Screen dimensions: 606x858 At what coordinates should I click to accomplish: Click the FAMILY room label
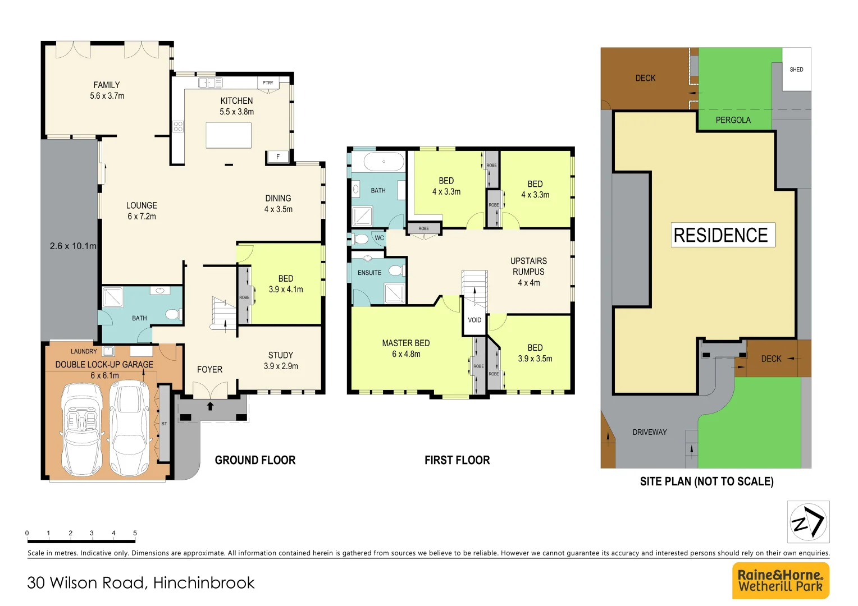[x=107, y=85]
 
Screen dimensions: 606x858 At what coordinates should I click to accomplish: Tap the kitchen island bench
[x=228, y=135]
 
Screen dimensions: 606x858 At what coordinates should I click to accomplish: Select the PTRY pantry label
[x=268, y=82]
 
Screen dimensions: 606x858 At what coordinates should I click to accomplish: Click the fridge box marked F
[x=277, y=157]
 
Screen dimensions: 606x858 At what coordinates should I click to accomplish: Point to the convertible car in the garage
[x=82, y=429]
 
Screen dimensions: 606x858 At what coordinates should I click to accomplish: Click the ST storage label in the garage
[x=164, y=424]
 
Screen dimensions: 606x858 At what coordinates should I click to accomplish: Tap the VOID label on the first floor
[x=474, y=320]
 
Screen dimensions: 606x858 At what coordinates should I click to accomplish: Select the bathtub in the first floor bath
[x=384, y=162]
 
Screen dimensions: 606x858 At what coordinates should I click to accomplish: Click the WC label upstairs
[x=379, y=238]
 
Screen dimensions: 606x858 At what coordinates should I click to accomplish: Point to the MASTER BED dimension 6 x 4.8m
[x=406, y=354]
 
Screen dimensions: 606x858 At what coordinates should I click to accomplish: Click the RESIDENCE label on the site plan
[x=720, y=235]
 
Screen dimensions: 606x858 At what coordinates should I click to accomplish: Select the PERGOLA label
[x=733, y=120]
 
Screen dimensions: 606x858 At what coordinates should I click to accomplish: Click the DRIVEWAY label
[x=650, y=432]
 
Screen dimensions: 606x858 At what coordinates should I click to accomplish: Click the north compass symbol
[x=808, y=522]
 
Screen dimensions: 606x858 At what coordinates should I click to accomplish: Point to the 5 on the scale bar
[x=135, y=533]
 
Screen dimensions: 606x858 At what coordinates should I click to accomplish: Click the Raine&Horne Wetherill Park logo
[x=781, y=581]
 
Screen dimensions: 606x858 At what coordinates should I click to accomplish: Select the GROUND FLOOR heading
[x=255, y=460]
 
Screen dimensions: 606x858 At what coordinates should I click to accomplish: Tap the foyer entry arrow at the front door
[x=211, y=406]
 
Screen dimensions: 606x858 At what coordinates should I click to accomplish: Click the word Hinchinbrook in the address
[x=204, y=583]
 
